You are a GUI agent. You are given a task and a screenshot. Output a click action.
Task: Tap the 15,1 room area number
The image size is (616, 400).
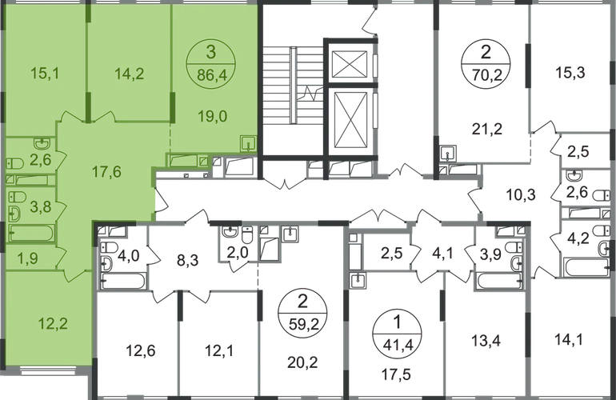[x=45, y=73]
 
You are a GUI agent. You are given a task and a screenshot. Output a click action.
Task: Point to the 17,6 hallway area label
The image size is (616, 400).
[x=106, y=171]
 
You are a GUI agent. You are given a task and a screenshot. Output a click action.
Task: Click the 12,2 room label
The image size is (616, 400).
[x=53, y=324]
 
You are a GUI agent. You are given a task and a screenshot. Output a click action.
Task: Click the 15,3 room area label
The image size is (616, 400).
[x=570, y=72]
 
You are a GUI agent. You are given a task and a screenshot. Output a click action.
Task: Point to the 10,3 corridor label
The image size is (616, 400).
[x=521, y=194]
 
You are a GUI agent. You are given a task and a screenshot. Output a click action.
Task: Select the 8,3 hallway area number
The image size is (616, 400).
[x=187, y=260]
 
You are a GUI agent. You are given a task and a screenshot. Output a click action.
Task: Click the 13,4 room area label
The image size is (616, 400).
[x=486, y=340]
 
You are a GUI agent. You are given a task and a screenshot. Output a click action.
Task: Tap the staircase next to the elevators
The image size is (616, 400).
[x=293, y=86]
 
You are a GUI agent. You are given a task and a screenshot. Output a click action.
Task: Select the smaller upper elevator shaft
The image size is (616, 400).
[x=350, y=65]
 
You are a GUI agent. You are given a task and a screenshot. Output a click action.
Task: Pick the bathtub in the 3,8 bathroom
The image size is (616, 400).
[x=31, y=234]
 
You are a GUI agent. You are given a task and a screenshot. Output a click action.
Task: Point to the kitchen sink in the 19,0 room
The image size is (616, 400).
[x=248, y=143]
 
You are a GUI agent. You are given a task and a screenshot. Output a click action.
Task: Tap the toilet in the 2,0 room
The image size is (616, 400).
[x=247, y=235]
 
